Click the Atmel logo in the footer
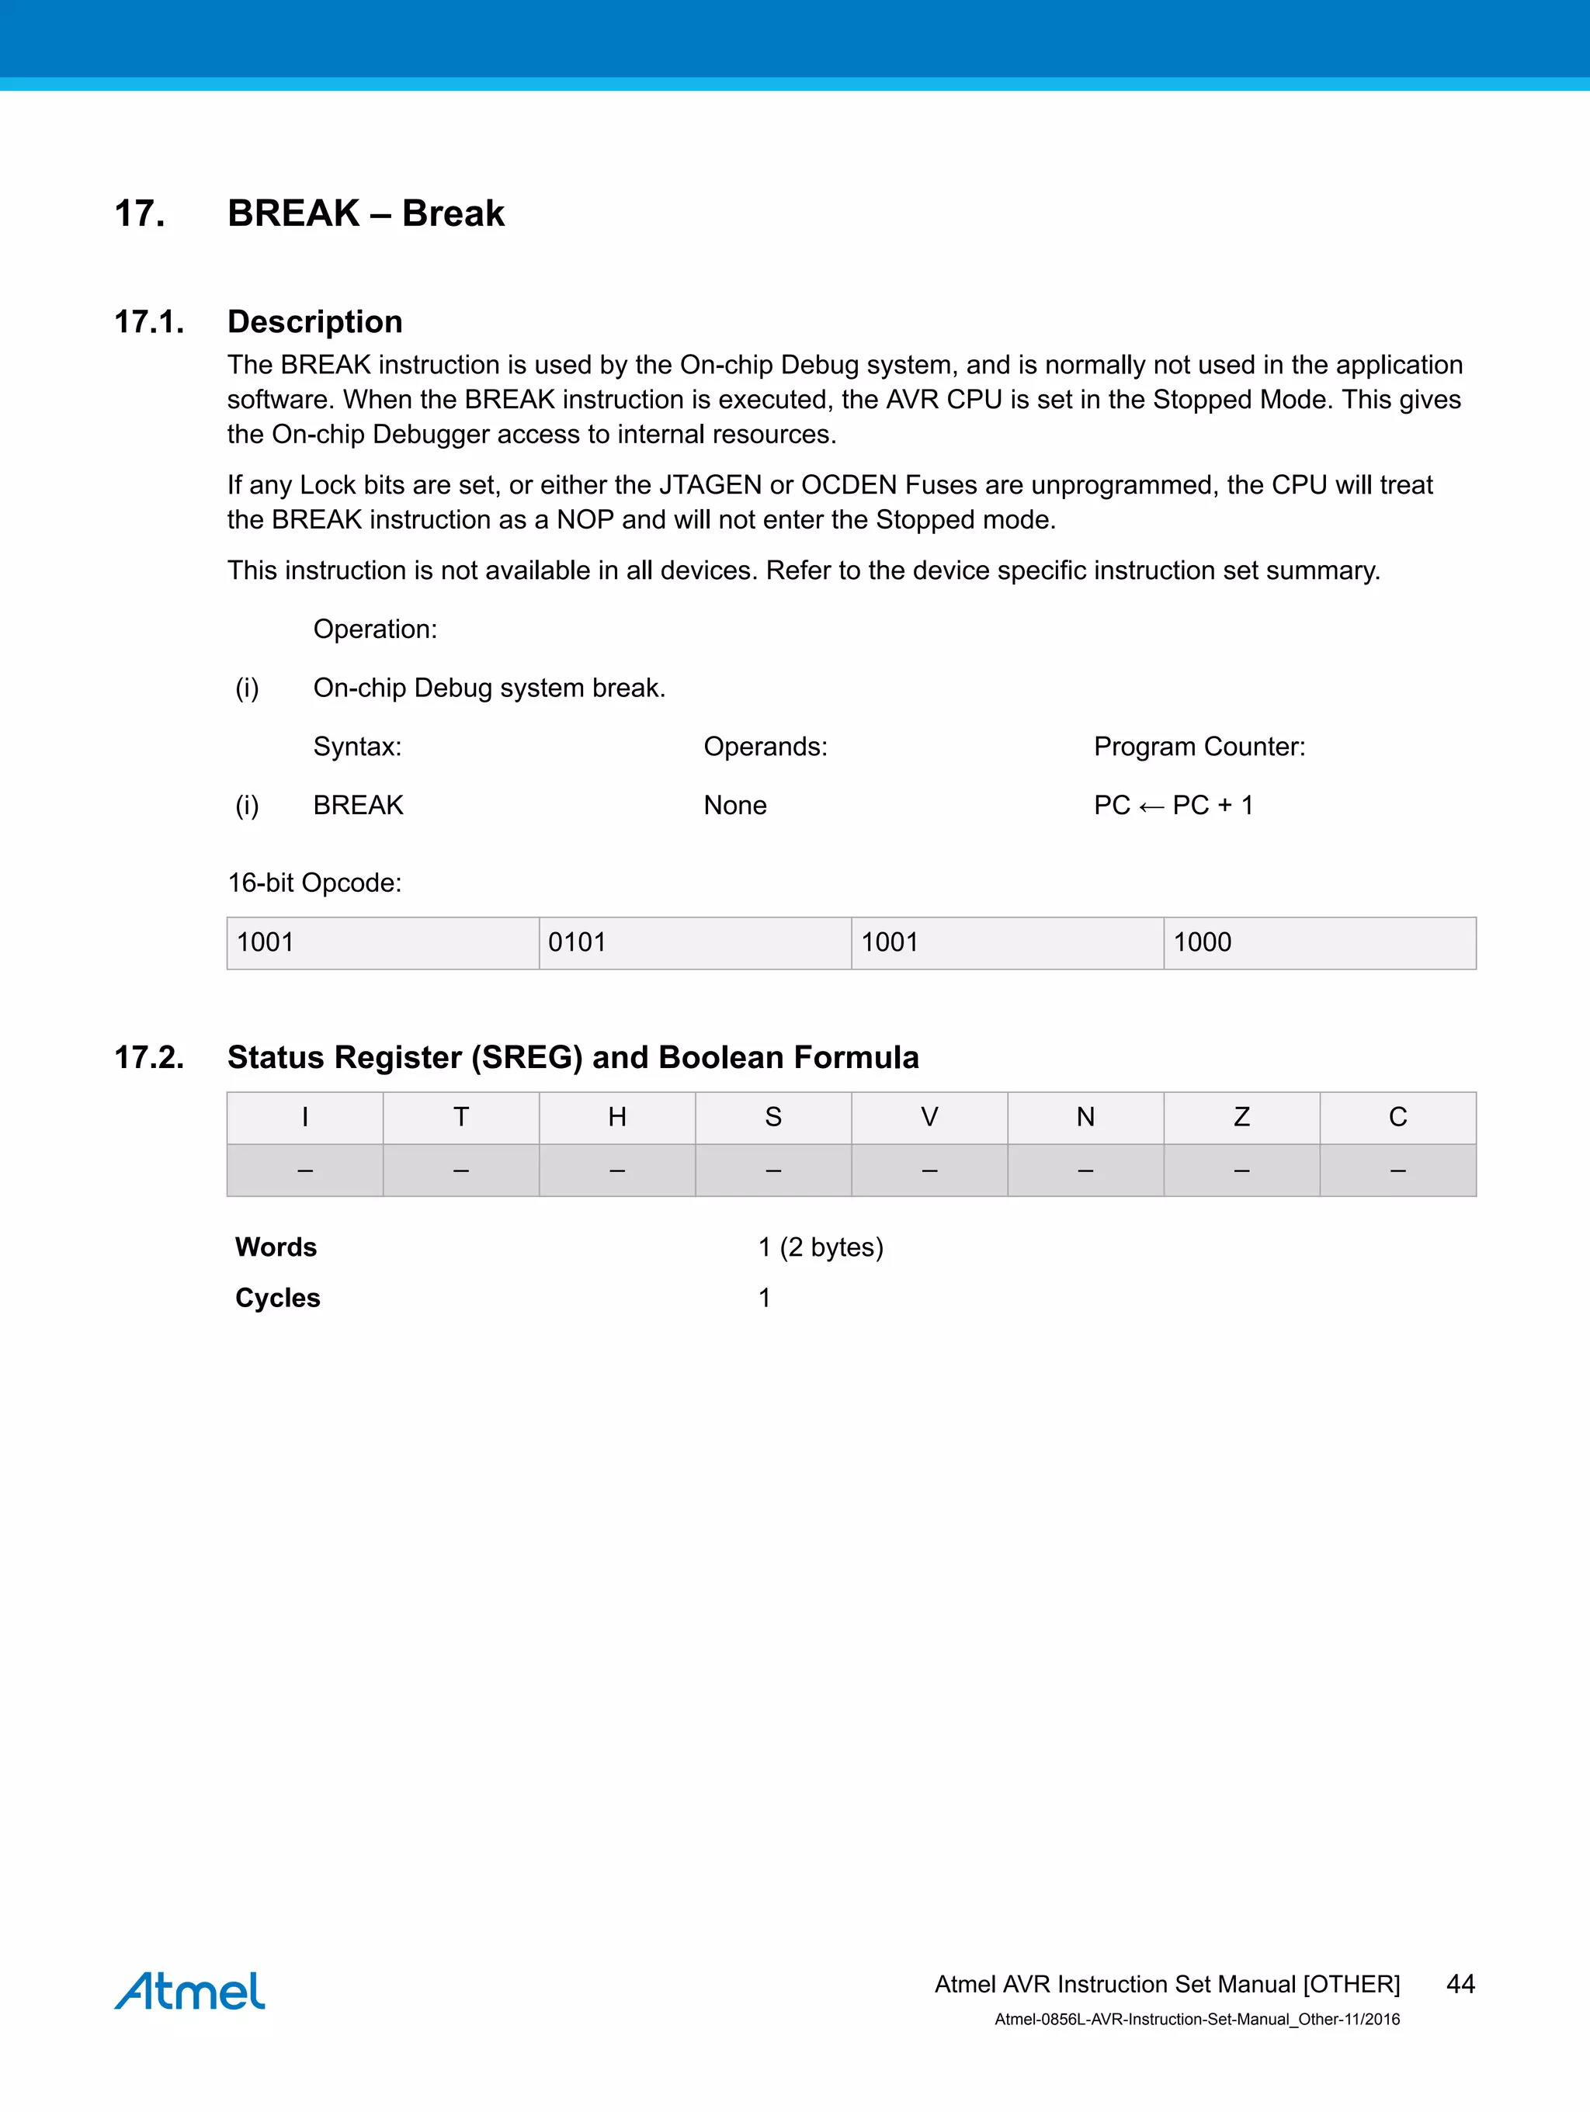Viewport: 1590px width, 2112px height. (x=189, y=1990)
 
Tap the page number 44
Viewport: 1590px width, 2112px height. (x=1460, y=1983)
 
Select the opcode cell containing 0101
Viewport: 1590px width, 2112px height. (x=694, y=942)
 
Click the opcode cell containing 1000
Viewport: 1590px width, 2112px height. (x=1319, y=942)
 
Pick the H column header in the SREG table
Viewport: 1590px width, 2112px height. (x=617, y=1117)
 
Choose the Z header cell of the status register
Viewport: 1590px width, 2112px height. (x=1241, y=1117)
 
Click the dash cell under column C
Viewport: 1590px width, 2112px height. (x=1397, y=1170)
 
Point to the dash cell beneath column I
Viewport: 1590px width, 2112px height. (x=304, y=1170)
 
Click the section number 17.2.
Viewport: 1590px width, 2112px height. (x=149, y=1057)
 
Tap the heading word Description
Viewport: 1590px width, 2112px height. (x=314, y=322)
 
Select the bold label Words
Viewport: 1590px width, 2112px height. (x=276, y=1247)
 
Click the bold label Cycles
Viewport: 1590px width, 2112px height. (x=278, y=1298)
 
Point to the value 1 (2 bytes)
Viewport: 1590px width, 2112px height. (x=821, y=1247)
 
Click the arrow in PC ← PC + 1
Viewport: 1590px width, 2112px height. (x=1151, y=806)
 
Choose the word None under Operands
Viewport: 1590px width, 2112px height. (x=734, y=805)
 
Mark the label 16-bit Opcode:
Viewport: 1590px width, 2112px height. (x=314, y=883)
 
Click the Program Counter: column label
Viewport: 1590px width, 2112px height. (x=1199, y=747)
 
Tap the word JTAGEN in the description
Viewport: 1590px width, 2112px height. (x=710, y=485)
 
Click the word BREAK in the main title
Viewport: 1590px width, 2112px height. (x=293, y=213)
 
